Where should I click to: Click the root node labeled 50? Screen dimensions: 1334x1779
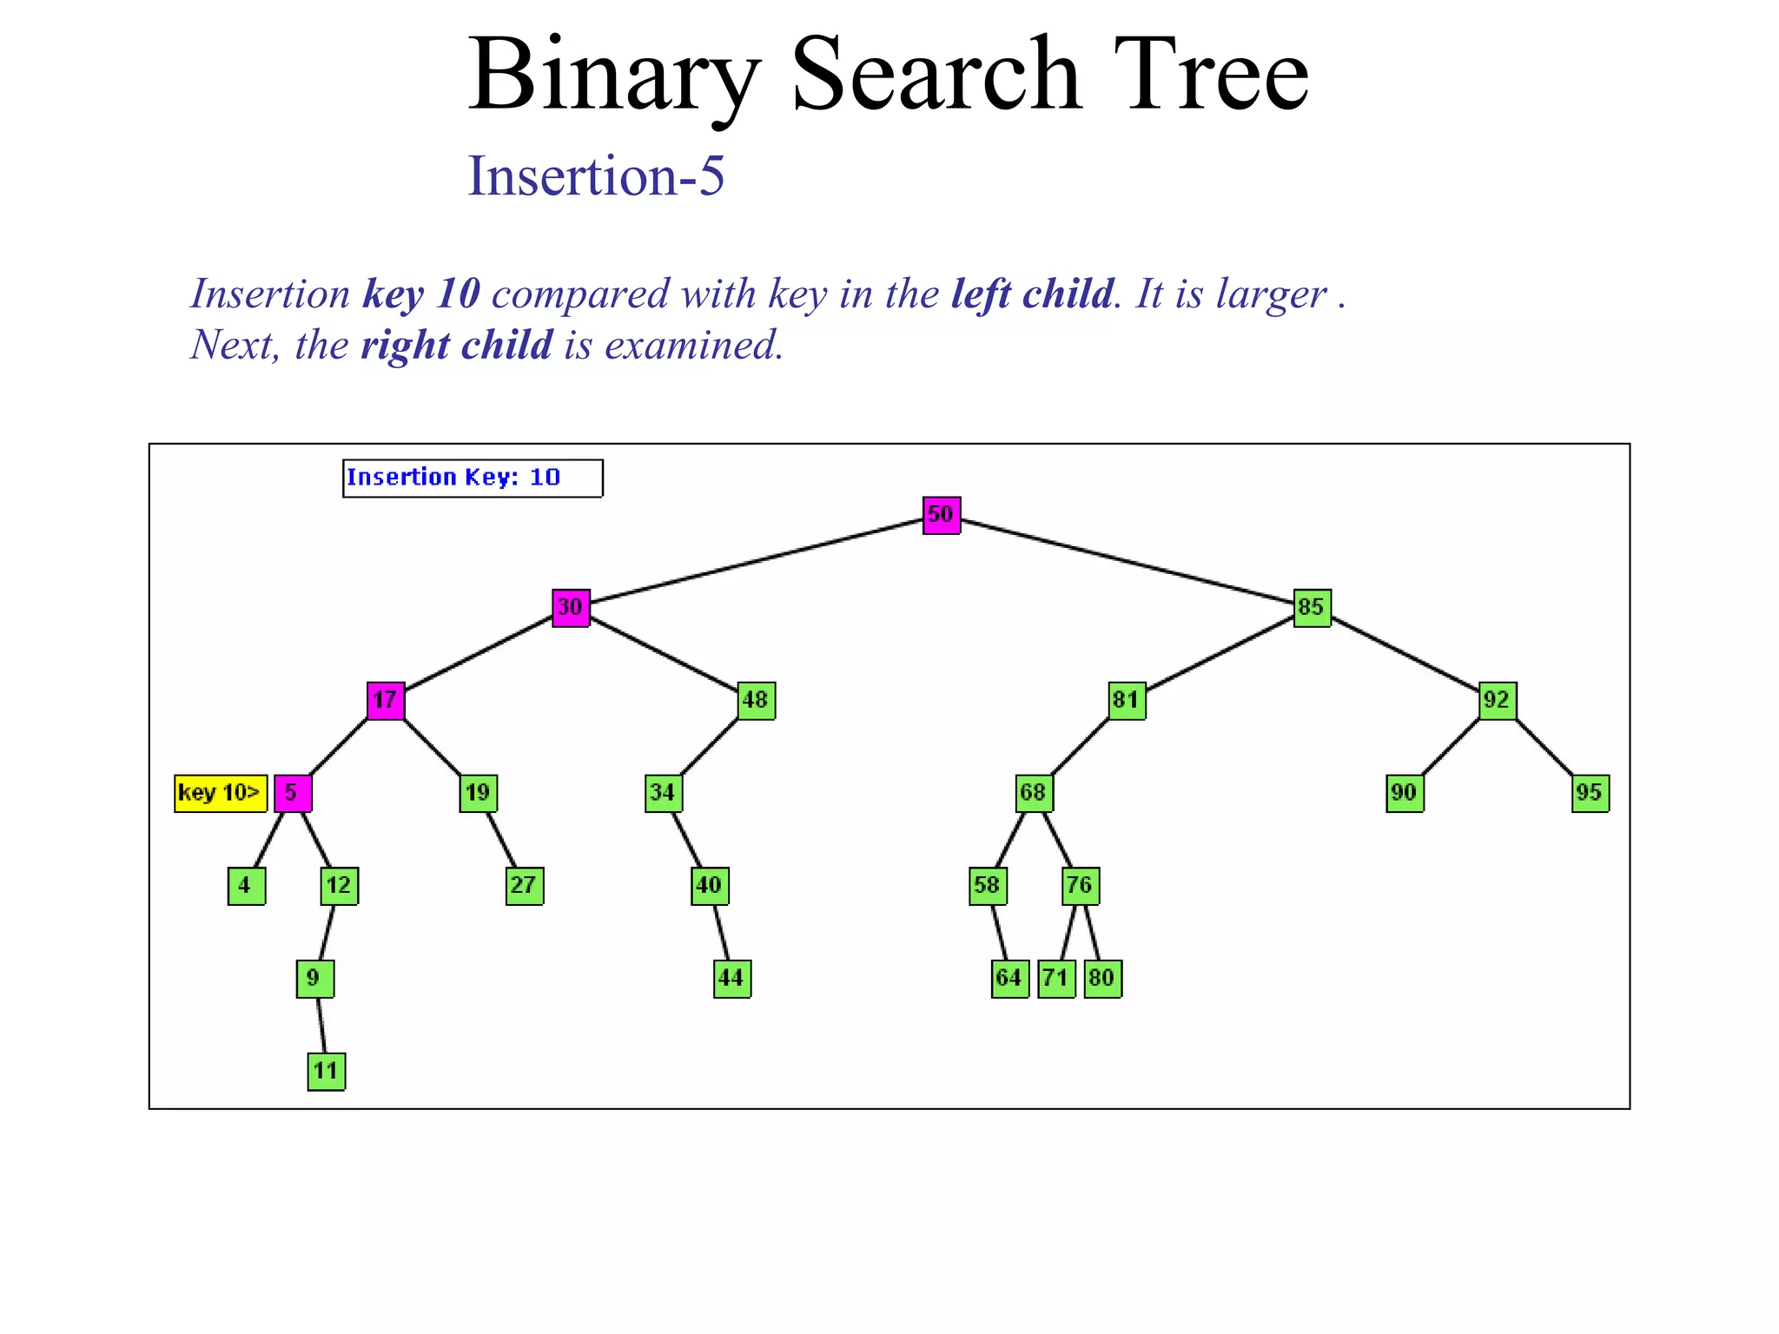941,515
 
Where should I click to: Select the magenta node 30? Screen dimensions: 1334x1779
571,608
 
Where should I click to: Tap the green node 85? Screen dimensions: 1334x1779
1312,608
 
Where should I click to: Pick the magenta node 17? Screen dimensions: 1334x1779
386,701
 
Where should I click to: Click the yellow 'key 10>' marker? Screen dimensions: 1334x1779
220,794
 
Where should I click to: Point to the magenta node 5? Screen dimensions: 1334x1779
293,794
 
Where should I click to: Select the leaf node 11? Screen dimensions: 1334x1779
327,1071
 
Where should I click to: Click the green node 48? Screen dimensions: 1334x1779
756,701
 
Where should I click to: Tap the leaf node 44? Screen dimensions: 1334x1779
731,979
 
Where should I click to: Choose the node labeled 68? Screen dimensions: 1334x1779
1034,794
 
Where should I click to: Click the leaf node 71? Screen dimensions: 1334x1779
1056,979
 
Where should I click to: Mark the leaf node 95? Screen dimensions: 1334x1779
1590,794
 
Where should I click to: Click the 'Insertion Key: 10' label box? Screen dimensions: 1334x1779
473,479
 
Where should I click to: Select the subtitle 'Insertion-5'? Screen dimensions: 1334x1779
596,176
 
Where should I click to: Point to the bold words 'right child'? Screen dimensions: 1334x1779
456,346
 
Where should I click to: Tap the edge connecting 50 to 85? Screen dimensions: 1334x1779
1127,561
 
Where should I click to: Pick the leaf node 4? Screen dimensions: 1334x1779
246,887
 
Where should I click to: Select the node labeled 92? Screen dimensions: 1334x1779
1498,701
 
